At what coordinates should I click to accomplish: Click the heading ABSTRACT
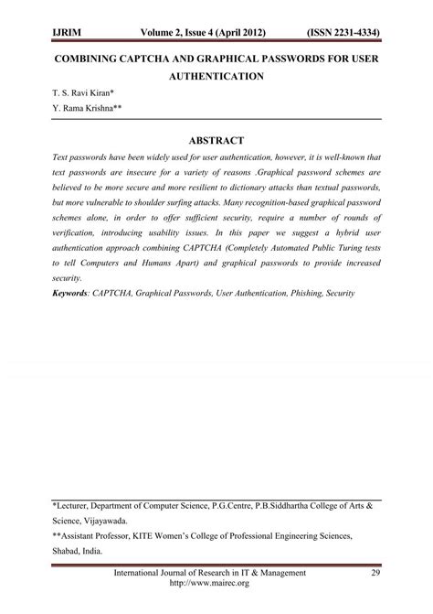coord(216,140)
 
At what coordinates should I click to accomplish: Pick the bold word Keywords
coord(77,294)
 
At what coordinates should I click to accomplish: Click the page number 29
coord(375,573)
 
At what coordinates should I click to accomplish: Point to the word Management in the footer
coord(273,573)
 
